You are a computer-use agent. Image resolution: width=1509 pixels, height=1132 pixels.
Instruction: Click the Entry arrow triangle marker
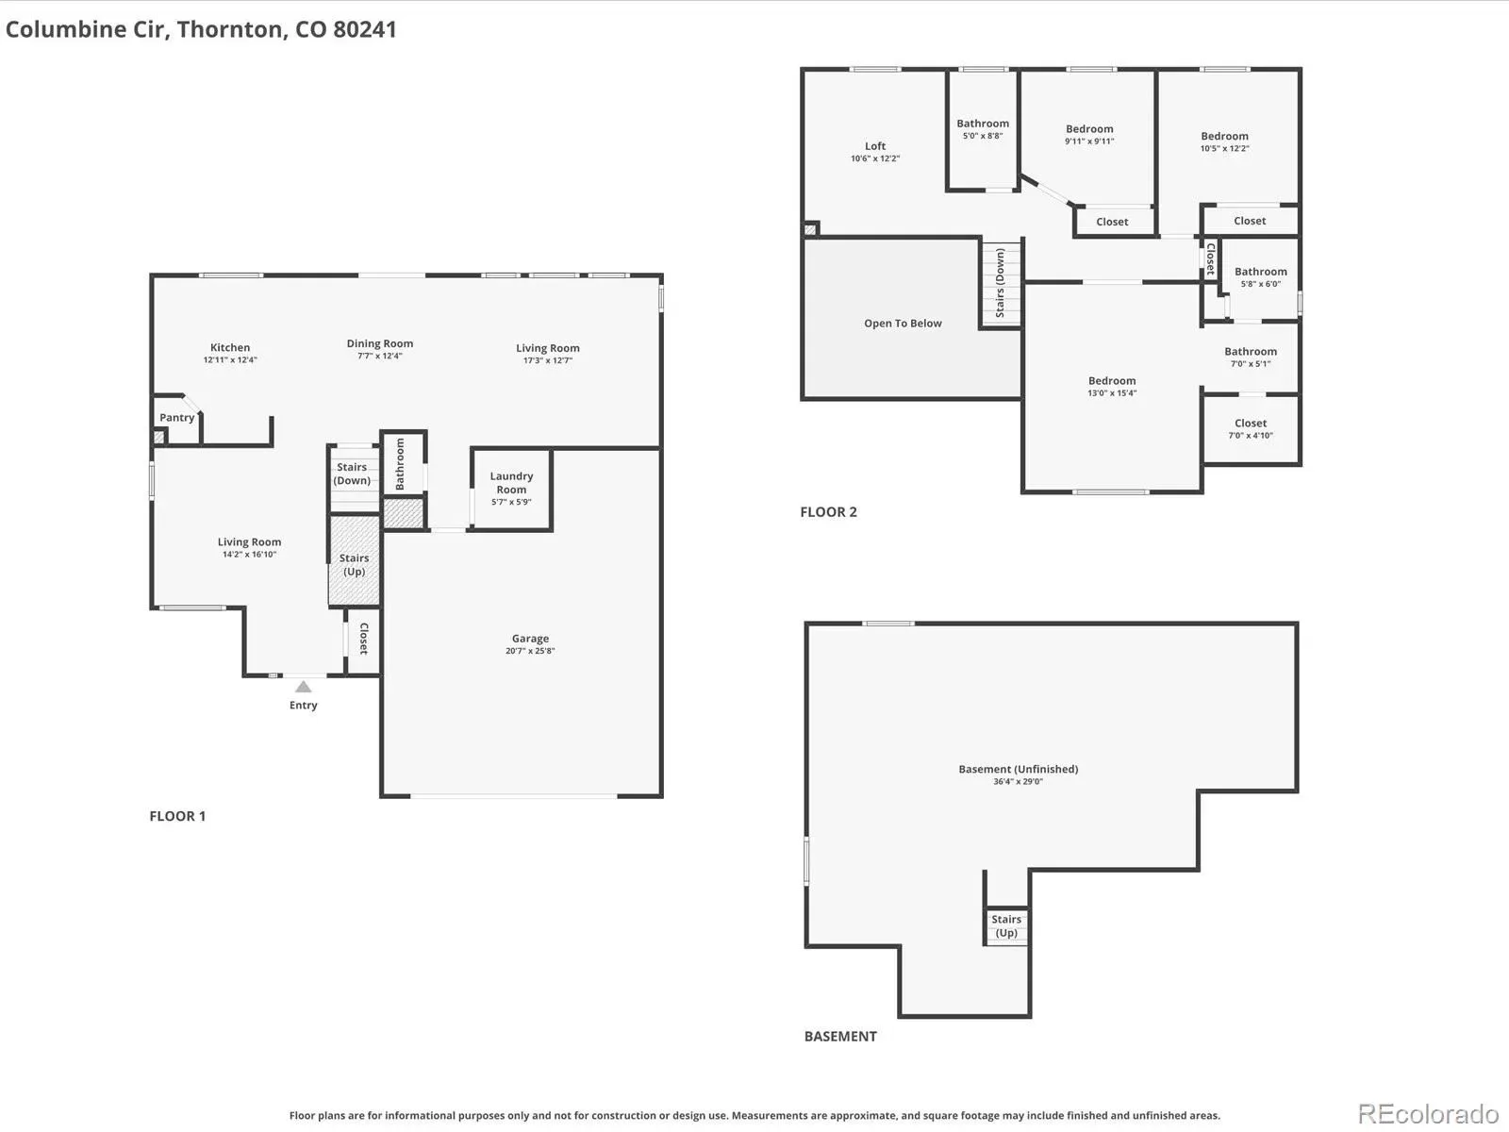[x=303, y=687]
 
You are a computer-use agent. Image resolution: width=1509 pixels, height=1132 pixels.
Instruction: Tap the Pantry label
[x=176, y=418]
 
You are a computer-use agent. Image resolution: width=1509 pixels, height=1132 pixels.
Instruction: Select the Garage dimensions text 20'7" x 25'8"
[x=530, y=651]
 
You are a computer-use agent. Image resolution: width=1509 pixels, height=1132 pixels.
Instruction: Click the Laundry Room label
[x=511, y=482]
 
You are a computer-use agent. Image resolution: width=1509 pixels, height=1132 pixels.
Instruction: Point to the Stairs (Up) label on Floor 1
[x=354, y=564]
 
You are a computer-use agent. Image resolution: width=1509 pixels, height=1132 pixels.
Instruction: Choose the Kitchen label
[x=230, y=348]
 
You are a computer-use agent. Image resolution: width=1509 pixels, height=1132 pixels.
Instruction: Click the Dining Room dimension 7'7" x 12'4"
[x=380, y=356]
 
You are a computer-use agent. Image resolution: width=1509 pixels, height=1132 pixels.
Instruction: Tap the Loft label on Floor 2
[x=875, y=145]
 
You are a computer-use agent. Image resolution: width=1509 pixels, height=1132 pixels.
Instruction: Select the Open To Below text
[x=903, y=323]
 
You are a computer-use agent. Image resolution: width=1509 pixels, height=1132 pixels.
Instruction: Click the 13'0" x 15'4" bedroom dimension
[x=1112, y=393]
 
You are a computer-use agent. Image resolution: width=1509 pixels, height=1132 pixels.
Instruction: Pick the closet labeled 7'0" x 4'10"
[x=1250, y=429]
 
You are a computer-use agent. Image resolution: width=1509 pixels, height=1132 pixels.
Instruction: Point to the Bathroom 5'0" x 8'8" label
[x=983, y=129]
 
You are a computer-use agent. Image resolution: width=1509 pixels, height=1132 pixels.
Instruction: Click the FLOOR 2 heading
[x=828, y=512]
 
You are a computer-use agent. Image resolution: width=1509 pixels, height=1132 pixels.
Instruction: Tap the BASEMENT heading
[x=840, y=1037]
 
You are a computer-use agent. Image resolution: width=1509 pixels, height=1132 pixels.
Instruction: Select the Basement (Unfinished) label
[x=1019, y=769]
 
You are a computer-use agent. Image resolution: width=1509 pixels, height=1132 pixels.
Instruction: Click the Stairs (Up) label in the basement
[x=1005, y=925]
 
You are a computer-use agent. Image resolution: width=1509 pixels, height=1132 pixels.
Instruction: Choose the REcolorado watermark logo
[x=1428, y=1113]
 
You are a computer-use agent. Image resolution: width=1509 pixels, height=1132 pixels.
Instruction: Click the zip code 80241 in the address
[x=364, y=29]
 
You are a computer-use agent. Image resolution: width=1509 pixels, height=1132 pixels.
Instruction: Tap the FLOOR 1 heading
[x=177, y=816]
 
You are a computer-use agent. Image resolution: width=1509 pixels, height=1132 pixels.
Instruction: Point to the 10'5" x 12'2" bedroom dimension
[x=1224, y=148]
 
